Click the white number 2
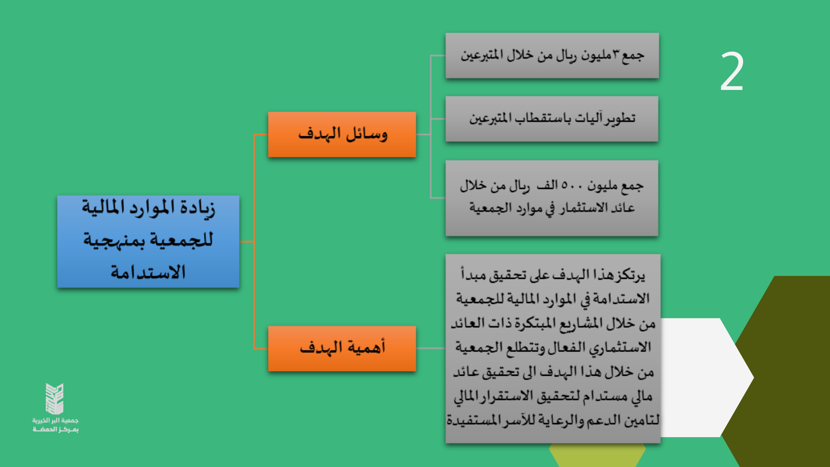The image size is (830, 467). (731, 71)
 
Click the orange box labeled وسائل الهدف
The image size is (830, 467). (342, 134)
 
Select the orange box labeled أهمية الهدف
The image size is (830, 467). (342, 349)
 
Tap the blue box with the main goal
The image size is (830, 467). (148, 241)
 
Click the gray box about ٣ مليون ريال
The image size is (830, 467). (552, 55)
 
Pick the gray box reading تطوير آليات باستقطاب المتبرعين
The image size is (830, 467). (552, 119)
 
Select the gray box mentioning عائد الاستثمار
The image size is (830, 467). (552, 198)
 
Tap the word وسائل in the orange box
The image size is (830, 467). (367, 134)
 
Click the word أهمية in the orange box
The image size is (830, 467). (364, 347)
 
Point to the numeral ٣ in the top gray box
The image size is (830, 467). (616, 54)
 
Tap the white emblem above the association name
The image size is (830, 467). (55, 399)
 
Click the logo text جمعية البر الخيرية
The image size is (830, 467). (55, 420)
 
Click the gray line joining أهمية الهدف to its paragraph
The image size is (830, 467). (431, 348)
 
